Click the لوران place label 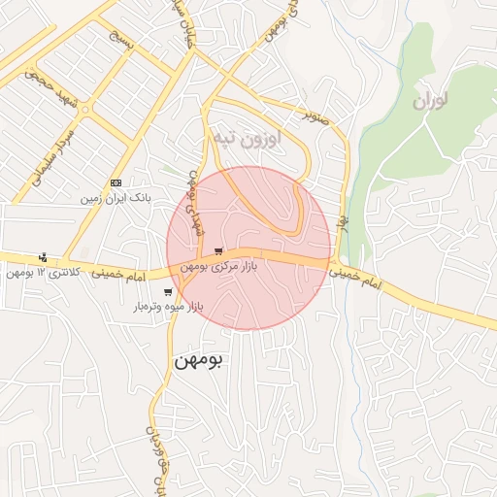(428, 101)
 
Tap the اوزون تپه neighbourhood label (247, 139)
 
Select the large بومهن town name (198, 359)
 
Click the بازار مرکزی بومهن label (219, 266)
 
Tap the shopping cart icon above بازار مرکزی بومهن (218, 251)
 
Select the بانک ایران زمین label (117, 197)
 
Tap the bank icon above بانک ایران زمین (116, 182)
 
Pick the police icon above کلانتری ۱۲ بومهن (43, 257)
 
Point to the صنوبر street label (315, 116)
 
